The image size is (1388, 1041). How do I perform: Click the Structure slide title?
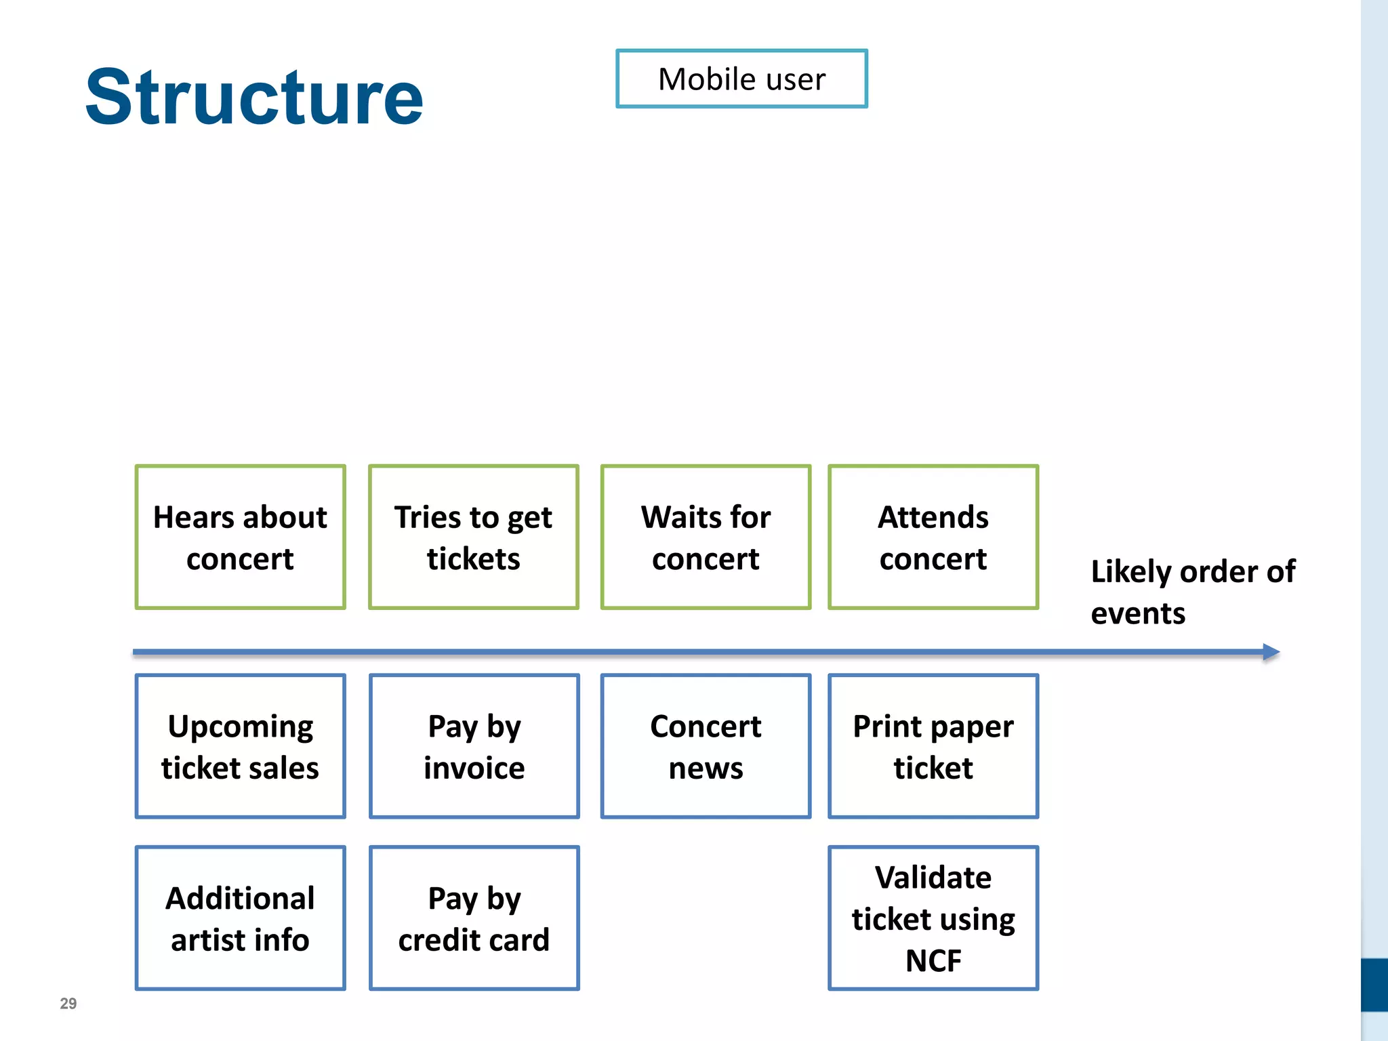[254, 97]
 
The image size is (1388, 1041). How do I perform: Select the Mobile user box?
[741, 79]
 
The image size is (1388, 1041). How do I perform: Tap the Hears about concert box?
[240, 537]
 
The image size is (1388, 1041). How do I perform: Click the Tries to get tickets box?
[473, 537]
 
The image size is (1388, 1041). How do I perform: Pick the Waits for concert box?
[706, 537]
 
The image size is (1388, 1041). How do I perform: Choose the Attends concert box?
[933, 537]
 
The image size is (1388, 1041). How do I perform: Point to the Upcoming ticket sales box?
[240, 746]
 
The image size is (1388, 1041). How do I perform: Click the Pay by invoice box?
[474, 746]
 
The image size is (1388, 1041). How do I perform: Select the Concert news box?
[706, 746]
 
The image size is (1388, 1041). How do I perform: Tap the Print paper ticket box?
[933, 746]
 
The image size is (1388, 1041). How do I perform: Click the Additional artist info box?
[240, 918]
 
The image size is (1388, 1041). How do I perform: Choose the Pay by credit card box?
[474, 918]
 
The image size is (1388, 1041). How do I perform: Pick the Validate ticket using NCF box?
[933, 918]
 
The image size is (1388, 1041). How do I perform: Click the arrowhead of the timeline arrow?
[1271, 652]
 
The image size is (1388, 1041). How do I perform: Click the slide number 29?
[68, 1004]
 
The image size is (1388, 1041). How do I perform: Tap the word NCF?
[933, 960]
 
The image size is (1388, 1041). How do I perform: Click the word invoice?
[474, 768]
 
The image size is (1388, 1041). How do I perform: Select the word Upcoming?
[240, 727]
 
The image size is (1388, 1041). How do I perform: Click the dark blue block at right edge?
[1374, 984]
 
